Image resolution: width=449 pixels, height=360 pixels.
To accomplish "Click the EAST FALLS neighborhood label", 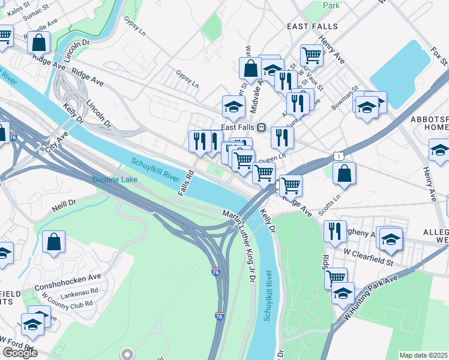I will tap(312, 27).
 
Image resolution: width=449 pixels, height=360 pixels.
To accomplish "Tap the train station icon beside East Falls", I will tap(262, 127).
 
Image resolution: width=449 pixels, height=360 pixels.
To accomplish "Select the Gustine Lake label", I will tap(115, 179).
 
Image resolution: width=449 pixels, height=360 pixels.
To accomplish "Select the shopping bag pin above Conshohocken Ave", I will tap(54, 242).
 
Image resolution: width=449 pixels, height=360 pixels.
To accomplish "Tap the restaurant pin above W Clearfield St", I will tap(335, 231).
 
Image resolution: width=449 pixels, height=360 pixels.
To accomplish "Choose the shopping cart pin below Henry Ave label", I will tap(312, 55).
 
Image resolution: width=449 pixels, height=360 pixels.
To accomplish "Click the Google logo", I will tap(19, 353).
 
